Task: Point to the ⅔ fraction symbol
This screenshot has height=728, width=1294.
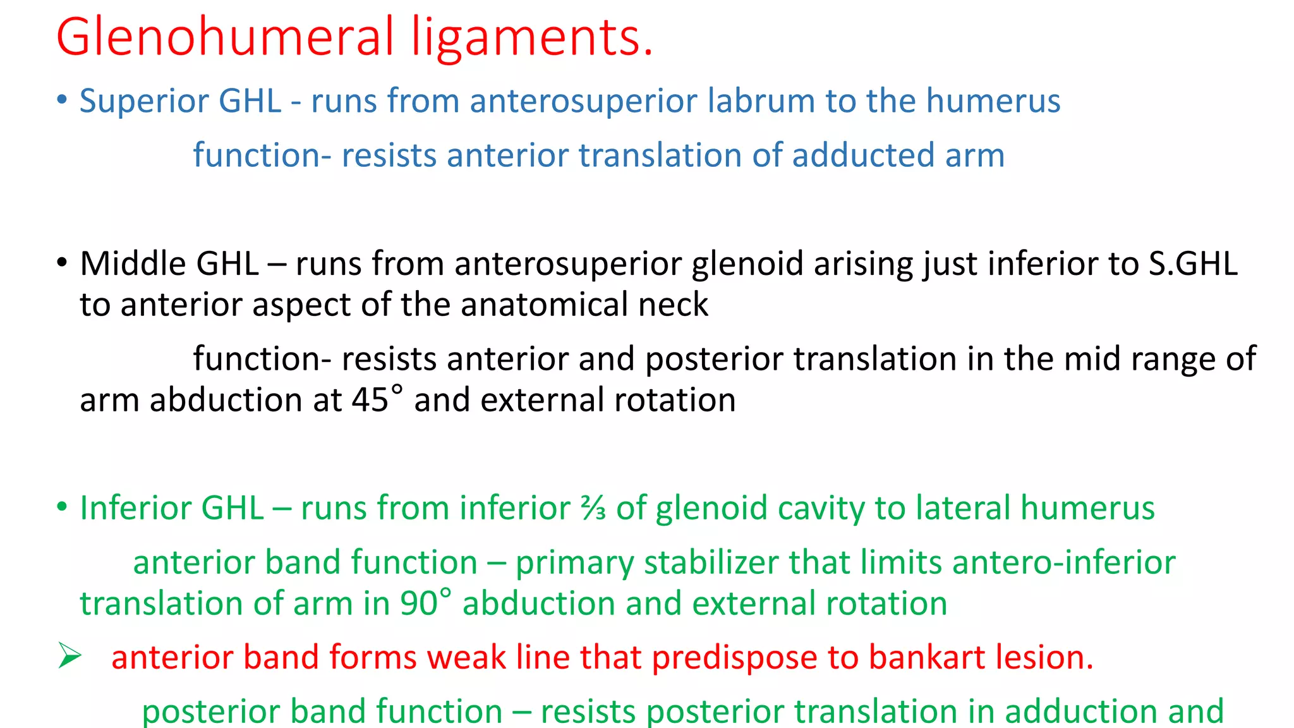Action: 594,508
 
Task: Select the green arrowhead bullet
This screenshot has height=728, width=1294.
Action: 69,656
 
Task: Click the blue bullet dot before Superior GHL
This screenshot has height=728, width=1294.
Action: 61,100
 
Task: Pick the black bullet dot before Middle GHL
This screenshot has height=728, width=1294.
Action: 61,262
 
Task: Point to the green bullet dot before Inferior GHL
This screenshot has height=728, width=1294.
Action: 61,507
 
